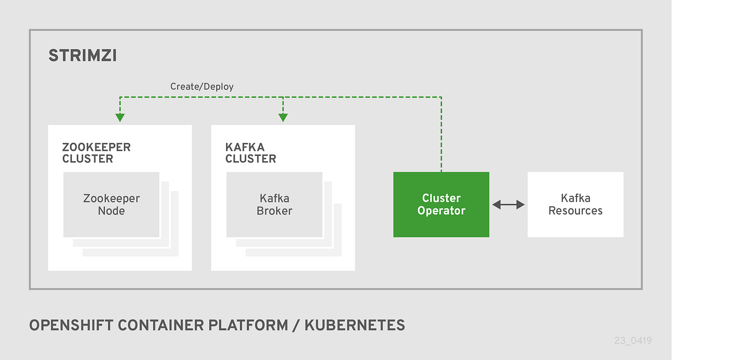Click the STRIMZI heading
(82, 56)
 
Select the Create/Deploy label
(202, 86)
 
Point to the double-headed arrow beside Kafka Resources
(508, 205)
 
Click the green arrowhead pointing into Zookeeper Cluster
(120, 117)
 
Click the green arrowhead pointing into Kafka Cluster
(283, 117)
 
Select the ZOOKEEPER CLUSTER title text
(96, 153)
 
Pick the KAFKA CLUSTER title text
(250, 153)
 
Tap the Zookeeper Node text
(111, 205)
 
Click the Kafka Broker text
(274, 205)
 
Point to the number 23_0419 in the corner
(632, 341)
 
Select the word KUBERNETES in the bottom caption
(355, 326)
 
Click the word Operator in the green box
(441, 211)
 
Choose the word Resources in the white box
(575, 211)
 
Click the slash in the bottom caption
(295, 326)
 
